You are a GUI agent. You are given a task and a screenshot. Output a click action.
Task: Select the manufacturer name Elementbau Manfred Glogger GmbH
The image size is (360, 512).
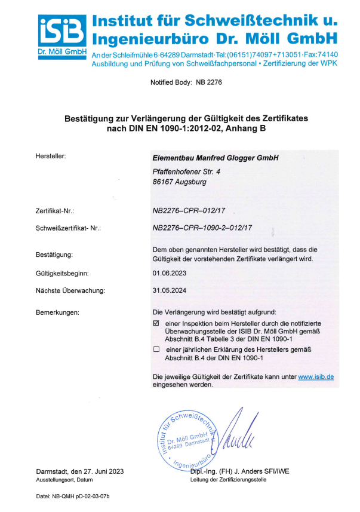click(x=216, y=158)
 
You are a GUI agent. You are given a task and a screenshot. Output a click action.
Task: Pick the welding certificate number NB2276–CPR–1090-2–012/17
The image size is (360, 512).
click(x=203, y=228)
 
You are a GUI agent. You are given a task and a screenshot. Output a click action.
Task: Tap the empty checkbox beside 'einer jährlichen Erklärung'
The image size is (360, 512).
click(x=156, y=349)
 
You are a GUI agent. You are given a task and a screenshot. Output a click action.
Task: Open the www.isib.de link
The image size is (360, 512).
click(x=315, y=377)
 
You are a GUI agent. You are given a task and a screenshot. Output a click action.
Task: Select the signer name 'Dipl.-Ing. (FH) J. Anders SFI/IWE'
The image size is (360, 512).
click(x=239, y=471)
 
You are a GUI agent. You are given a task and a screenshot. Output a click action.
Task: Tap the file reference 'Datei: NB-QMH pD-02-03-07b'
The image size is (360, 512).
click(x=73, y=496)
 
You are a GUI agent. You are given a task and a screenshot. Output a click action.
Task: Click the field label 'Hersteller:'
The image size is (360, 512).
click(x=51, y=157)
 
